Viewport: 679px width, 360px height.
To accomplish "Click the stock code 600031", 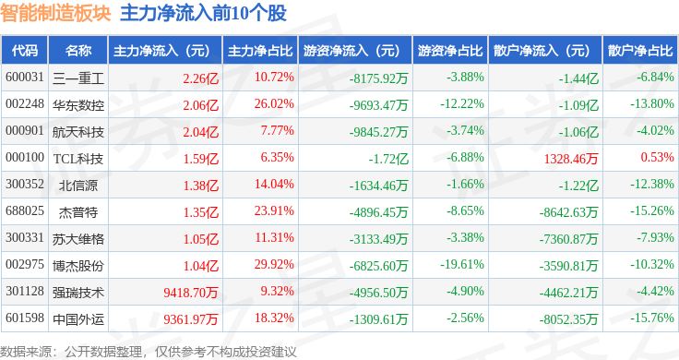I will tap(24, 77).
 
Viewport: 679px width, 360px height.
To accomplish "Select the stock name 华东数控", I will tap(77, 103).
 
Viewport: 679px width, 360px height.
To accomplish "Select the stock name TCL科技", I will tap(77, 158).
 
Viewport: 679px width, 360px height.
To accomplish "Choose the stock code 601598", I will tap(24, 319).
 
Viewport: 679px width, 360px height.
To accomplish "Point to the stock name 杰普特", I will tap(77, 211).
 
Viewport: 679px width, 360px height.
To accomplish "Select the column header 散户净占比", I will tap(640, 50).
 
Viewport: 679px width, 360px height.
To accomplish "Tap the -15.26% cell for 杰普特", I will tap(652, 211).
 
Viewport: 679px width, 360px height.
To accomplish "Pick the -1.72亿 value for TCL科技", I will tap(387, 158).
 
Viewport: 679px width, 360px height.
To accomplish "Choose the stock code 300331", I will tap(24, 239).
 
